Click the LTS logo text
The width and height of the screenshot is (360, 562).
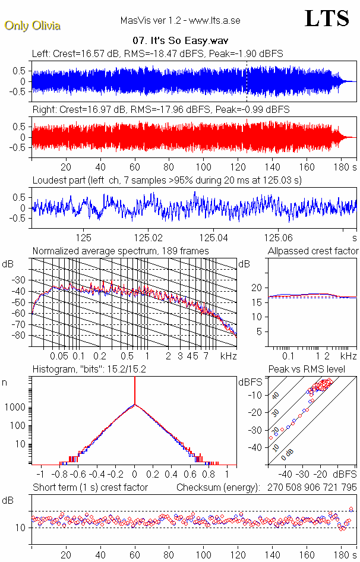[327, 18]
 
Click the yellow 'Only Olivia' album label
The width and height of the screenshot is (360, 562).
[32, 26]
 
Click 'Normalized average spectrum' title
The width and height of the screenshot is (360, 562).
[121, 251]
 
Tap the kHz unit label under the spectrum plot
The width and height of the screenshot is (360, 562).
[229, 356]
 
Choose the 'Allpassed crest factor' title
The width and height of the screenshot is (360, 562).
[313, 251]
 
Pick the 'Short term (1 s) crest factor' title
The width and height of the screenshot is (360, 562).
[90, 487]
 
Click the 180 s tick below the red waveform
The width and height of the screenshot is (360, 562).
[343, 167]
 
